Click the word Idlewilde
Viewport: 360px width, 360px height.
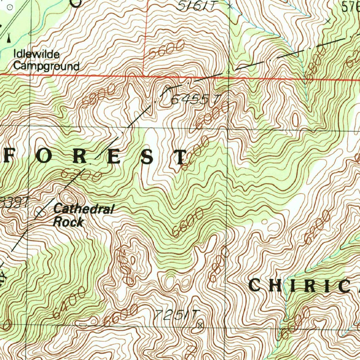pos(37,54)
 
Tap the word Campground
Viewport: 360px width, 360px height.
pos(46,66)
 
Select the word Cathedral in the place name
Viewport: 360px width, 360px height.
pos(84,210)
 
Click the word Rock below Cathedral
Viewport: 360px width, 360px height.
pos(68,222)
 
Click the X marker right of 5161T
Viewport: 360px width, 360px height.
pos(230,6)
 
